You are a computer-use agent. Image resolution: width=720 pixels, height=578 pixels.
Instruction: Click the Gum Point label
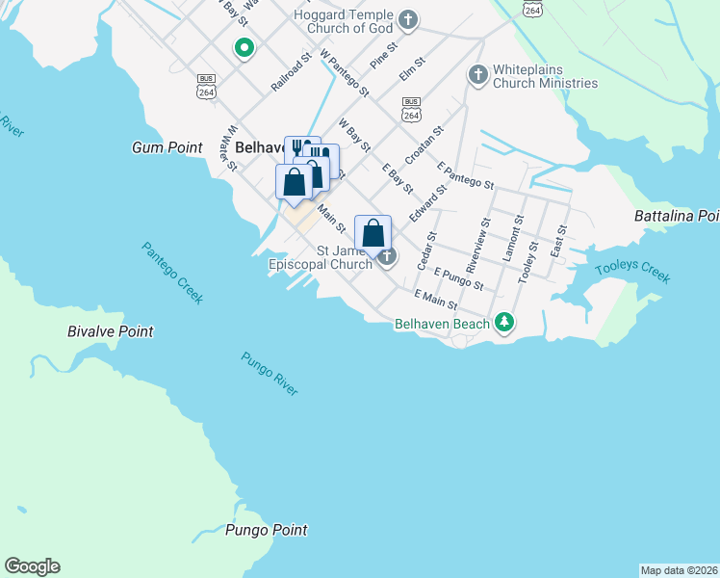[x=167, y=147]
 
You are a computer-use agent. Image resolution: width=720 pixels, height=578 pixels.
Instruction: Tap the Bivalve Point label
[x=110, y=331]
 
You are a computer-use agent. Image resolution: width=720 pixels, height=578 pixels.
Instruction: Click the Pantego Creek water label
[x=172, y=273]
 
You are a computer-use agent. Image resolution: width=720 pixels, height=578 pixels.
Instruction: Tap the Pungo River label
[x=270, y=373]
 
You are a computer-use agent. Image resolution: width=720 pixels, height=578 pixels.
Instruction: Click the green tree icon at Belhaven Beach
[x=503, y=323]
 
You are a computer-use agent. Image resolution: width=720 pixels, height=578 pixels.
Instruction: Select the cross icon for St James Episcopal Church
[x=387, y=256]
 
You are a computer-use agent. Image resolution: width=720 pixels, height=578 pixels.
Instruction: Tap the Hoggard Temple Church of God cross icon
[x=408, y=19]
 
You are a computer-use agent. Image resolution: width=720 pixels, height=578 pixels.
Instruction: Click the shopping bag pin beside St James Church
[x=373, y=232]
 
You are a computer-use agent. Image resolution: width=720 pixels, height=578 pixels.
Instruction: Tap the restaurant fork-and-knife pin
[x=300, y=150]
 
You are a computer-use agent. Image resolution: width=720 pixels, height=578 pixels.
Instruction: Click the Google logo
[x=32, y=566]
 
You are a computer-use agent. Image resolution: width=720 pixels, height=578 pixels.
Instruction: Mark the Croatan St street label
[x=424, y=145]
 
